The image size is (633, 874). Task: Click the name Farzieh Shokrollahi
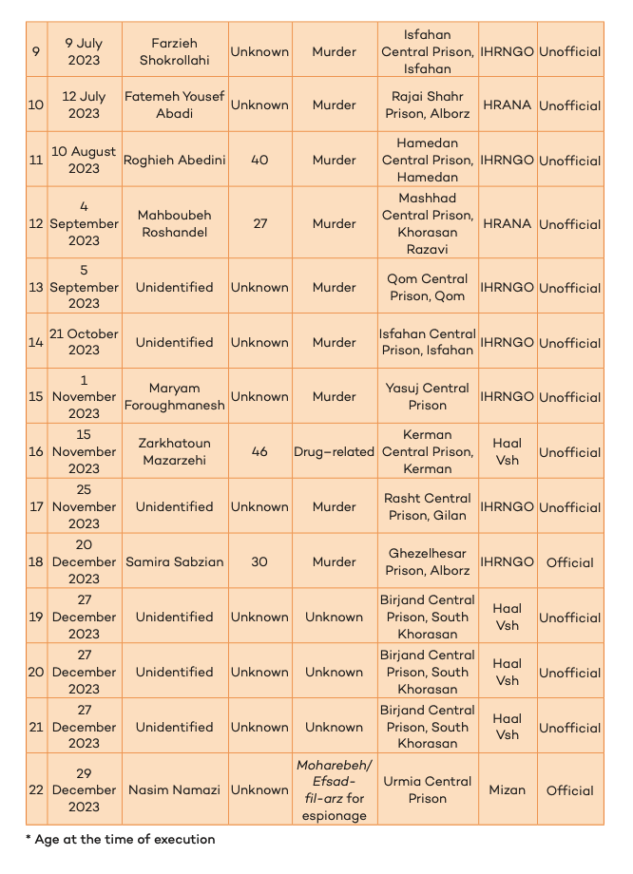(x=175, y=51)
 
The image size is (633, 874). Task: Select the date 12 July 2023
(x=84, y=104)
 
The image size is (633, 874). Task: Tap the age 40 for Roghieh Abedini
(x=259, y=160)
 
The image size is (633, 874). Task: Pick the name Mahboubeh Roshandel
(x=175, y=223)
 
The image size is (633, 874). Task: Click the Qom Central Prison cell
(x=428, y=287)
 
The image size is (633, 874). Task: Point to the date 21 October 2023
(x=84, y=342)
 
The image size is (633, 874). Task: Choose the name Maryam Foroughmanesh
(x=175, y=396)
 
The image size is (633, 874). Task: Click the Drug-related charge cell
(x=334, y=452)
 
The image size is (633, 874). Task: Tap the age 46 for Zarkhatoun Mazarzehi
(x=259, y=452)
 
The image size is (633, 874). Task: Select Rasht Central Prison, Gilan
(x=428, y=506)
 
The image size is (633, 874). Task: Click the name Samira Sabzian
(x=175, y=561)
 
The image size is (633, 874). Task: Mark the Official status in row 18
(x=570, y=562)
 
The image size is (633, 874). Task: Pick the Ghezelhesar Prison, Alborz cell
(x=428, y=561)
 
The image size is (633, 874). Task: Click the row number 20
(x=36, y=672)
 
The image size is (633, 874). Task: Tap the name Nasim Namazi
(x=175, y=789)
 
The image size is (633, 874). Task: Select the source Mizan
(x=508, y=789)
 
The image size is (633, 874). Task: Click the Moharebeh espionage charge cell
(x=334, y=789)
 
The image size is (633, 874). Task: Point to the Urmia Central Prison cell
(x=428, y=789)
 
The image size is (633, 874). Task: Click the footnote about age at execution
(x=121, y=839)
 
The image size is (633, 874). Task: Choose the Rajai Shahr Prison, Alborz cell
(x=428, y=104)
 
